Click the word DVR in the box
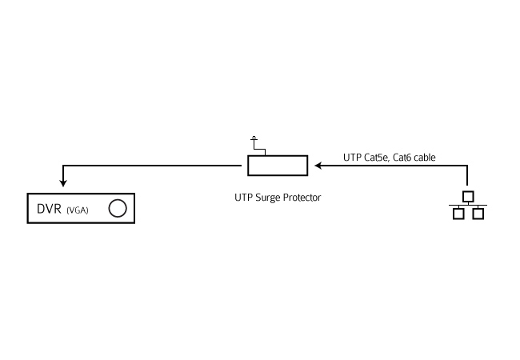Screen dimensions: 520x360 click(49, 209)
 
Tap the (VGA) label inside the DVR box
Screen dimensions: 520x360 click(78, 210)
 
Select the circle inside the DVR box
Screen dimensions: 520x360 click(118, 208)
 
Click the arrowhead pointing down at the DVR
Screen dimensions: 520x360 click(63, 182)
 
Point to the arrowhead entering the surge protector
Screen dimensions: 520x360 click(318, 166)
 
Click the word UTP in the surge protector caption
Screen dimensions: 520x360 click(244, 198)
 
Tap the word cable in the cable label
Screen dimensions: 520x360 click(425, 158)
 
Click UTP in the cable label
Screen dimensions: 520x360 click(353, 158)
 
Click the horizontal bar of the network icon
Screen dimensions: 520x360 click(468, 205)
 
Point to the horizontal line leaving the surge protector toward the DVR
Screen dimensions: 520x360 click(152, 166)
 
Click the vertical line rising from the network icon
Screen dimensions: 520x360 click(467, 176)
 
